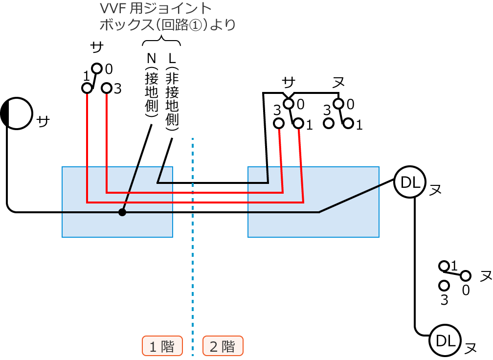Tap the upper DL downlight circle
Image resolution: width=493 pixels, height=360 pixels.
coord(409,182)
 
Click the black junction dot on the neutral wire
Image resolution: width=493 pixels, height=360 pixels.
coord(122,212)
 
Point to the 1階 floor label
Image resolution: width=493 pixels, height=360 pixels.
coord(162,346)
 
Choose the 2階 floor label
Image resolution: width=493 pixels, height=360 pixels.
coord(223,346)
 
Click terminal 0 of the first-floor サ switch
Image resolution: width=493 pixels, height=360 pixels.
coord(97,68)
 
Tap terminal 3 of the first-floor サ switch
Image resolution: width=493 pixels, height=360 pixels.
coord(107,88)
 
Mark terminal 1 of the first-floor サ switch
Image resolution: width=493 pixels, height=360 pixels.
coord(87,88)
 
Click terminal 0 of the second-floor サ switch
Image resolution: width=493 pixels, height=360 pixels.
coord(289,103)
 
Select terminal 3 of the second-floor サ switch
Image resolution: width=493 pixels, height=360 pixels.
coord(279,123)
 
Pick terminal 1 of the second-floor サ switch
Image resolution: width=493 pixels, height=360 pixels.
coord(299,123)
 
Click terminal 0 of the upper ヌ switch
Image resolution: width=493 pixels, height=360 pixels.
coord(338,103)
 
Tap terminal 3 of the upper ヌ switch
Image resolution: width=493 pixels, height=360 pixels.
coord(328,123)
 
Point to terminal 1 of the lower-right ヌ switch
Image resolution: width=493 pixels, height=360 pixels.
coord(444,266)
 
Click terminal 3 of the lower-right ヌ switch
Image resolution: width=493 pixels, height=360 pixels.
coord(444,285)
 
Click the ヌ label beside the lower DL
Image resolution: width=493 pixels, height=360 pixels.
coord(470,348)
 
